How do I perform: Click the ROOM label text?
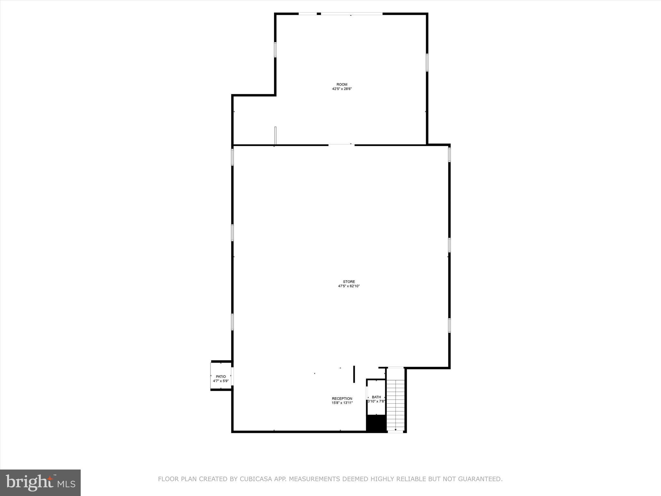point(342,85)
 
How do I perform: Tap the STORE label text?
point(349,282)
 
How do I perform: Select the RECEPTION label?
point(342,398)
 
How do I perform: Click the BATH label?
point(376,397)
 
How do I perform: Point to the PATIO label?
point(221,377)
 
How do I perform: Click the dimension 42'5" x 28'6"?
point(342,89)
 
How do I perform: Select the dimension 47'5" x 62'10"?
point(349,286)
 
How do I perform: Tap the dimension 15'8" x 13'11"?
point(342,403)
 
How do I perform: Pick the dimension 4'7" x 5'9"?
point(221,381)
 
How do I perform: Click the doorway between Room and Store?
point(341,145)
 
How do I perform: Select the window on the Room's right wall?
point(427,62)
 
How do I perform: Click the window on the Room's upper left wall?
point(275,50)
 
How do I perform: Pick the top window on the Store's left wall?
point(232,157)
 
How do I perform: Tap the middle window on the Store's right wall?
point(449,245)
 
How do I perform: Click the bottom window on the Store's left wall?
point(232,322)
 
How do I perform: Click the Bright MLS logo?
point(40,482)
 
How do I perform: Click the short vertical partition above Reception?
point(354,374)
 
